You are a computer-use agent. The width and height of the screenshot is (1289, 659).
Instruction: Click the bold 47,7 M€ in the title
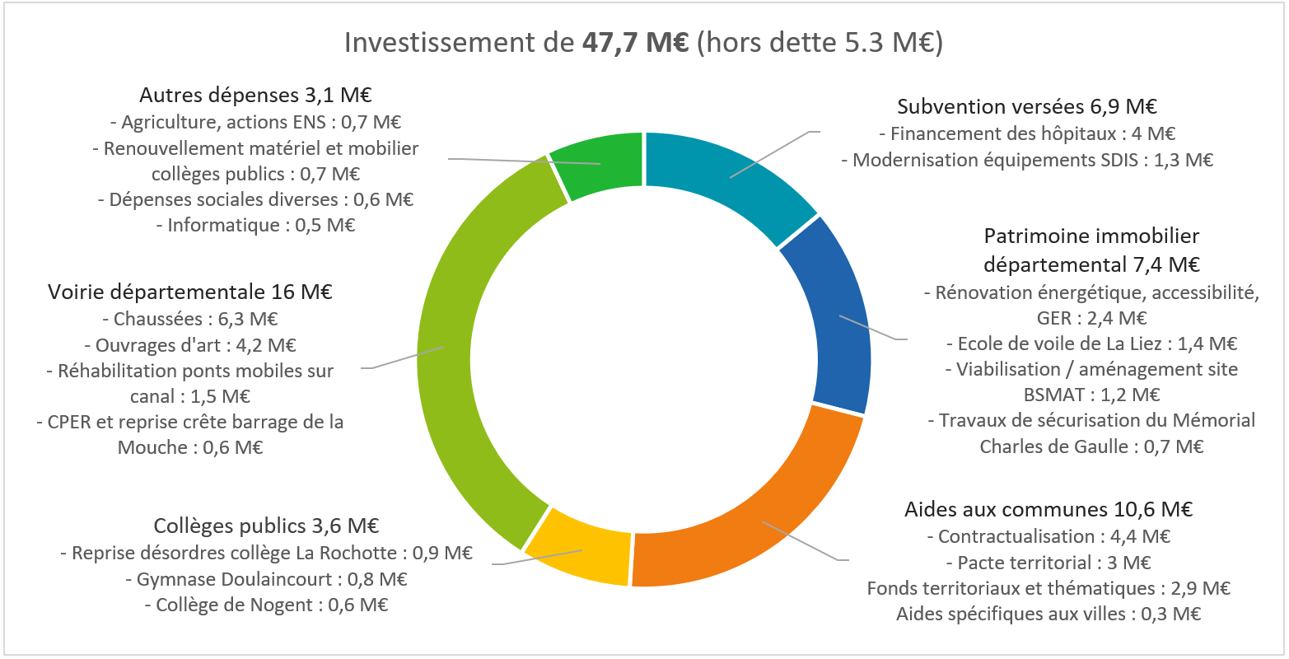[x=634, y=42]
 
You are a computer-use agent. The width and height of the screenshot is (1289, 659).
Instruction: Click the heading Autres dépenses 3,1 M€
[x=255, y=95]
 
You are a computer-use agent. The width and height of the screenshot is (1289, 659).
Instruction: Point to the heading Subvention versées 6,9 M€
[x=1027, y=106]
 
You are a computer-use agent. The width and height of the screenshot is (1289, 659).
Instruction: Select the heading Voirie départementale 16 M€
[x=190, y=292]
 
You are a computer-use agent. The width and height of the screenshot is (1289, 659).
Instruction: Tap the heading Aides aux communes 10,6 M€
[x=1048, y=509]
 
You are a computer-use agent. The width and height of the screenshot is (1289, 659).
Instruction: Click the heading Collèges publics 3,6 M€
[x=266, y=526]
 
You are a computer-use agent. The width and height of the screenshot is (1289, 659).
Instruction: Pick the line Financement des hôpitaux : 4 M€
[x=1027, y=133]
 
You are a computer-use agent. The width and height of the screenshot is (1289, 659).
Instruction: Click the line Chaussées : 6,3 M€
[x=190, y=319]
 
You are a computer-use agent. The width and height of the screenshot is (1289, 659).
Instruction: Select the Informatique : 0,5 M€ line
[x=255, y=225]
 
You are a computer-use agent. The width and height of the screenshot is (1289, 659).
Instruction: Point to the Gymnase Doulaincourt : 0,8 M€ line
[x=266, y=579]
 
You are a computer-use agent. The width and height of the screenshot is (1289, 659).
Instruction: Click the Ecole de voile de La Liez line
[x=1091, y=344]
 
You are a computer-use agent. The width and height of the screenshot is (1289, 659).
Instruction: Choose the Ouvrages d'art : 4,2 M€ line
[x=190, y=345]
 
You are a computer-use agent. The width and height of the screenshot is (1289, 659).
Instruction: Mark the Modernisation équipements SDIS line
[x=1027, y=160]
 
